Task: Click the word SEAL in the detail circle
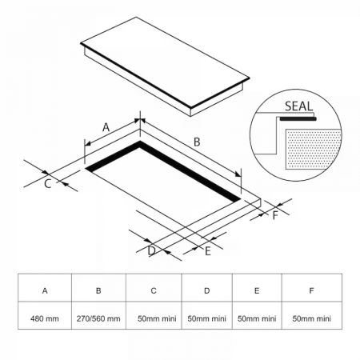[298, 106]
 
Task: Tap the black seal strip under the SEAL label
[298, 119]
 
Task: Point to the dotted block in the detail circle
[314, 149]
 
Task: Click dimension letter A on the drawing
[106, 127]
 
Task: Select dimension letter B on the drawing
[197, 142]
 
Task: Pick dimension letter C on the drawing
[48, 184]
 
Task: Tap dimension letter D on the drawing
[151, 251]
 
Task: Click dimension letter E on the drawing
[208, 251]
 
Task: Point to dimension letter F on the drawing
[275, 215]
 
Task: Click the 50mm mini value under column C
[157, 318]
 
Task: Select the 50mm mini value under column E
[257, 318]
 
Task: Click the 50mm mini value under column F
[312, 318]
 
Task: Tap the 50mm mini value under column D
[206, 318]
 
